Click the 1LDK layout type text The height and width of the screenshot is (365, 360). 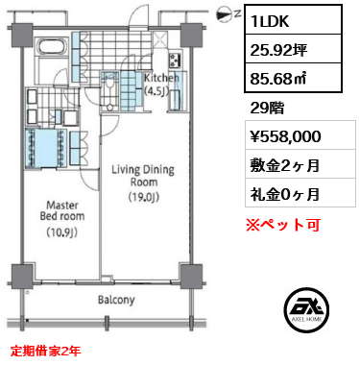[x=270, y=21]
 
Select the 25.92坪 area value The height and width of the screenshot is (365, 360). [x=278, y=50]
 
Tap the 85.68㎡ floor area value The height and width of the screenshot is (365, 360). [x=277, y=79]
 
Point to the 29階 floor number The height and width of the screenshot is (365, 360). [x=267, y=109]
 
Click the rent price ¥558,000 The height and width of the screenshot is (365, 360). [x=285, y=136]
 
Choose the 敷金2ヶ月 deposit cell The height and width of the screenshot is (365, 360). [x=285, y=165]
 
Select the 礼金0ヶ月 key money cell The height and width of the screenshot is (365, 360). [x=285, y=194]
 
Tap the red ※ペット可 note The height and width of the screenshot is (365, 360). [x=283, y=225]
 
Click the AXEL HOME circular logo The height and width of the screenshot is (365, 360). [x=306, y=309]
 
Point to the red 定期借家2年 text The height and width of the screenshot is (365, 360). [x=45, y=351]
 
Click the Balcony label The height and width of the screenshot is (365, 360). [x=116, y=300]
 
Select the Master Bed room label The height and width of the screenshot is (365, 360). [x=62, y=210]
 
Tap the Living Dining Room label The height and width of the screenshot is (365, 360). [x=143, y=176]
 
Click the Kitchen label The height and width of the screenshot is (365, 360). [x=161, y=78]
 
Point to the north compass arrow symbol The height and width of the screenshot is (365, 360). [x=226, y=14]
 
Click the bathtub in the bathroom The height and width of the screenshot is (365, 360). [x=52, y=47]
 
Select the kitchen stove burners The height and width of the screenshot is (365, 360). [x=175, y=60]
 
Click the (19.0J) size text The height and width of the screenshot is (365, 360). [x=143, y=197]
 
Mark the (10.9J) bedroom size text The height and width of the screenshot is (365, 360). [x=62, y=232]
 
